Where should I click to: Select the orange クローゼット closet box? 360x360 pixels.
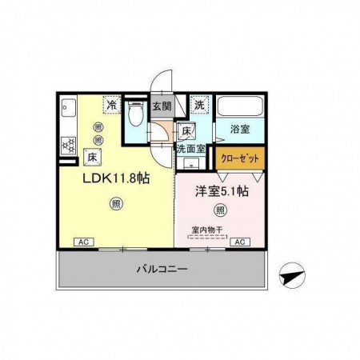(x=238, y=158)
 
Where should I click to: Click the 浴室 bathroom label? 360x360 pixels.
(x=240, y=129)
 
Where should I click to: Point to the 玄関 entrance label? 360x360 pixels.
(x=162, y=105)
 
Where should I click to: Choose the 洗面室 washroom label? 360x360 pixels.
(x=191, y=149)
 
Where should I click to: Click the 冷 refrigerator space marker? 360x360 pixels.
(x=113, y=105)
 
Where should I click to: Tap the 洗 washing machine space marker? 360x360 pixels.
(x=199, y=105)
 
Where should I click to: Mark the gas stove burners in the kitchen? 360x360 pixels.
(x=67, y=145)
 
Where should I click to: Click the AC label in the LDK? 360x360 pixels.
(x=82, y=241)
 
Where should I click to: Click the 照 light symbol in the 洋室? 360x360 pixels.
(x=219, y=210)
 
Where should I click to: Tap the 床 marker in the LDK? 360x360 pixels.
(x=93, y=157)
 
